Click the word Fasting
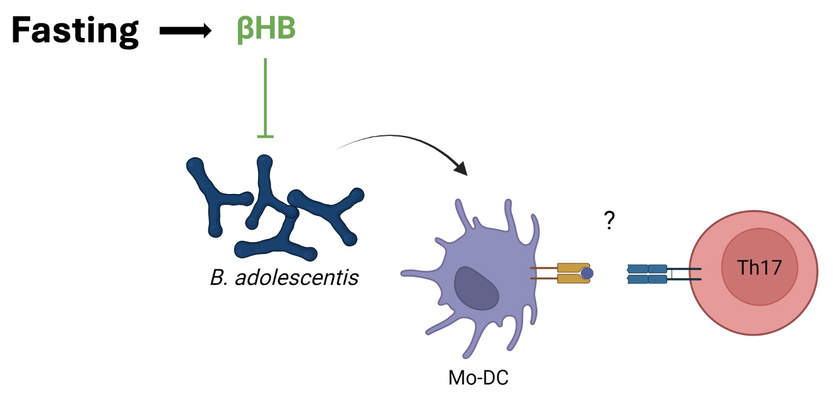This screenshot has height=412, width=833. pos(74,30)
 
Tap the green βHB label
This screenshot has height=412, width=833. pos(266,30)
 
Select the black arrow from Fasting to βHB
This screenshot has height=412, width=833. pos(184,31)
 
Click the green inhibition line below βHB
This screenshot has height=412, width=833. pos(265,95)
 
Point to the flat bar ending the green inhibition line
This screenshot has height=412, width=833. pos(265,135)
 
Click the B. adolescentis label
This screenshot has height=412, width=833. pos(284,277)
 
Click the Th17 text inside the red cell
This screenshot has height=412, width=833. pos(760,268)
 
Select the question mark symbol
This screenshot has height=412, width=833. pos(609,221)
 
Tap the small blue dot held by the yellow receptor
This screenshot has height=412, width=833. pos(587,273)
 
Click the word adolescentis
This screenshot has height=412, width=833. pos(297,277)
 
